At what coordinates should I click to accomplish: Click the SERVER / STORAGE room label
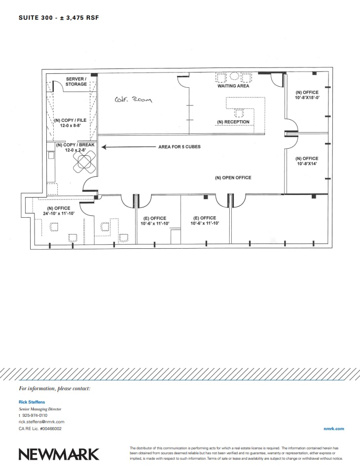pos(76,82)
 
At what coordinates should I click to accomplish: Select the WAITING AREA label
pos(233,86)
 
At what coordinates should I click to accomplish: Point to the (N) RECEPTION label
pos(233,122)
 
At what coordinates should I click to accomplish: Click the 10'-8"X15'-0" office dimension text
pos(307,98)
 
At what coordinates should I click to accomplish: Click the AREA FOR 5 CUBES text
pos(179,147)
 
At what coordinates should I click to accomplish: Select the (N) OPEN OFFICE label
pos(233,178)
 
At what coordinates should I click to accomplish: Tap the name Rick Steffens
pos(32,402)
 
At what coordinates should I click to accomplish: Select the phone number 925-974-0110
pos(35,415)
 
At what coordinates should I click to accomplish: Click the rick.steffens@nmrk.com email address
pos(41,422)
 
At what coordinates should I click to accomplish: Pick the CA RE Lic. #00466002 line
pos(40,429)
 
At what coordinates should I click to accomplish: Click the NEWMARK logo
pos(59,454)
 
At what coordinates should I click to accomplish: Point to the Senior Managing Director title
pos(40,409)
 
